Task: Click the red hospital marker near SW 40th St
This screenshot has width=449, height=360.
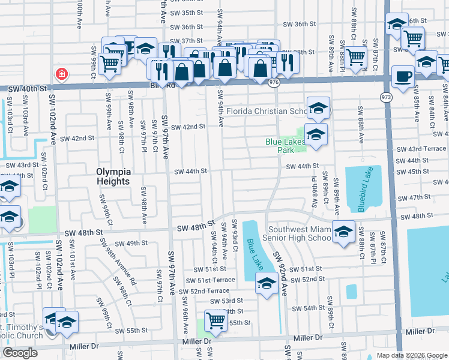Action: pyautogui.click(x=61, y=74)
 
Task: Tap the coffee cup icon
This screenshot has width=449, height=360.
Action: pyautogui.click(x=402, y=77)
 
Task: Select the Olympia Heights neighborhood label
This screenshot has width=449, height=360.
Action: pyautogui.click(x=121, y=176)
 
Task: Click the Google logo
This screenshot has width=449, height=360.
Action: pyautogui.click(x=20, y=353)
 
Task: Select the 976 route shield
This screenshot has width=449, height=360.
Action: pyautogui.click(x=274, y=82)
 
